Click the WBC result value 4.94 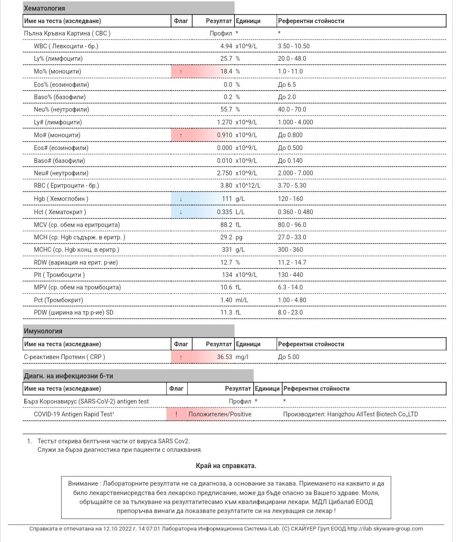[x=226, y=46]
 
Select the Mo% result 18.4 [x=226, y=71]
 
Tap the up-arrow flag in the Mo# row [x=181, y=135]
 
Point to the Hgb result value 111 [x=227, y=199]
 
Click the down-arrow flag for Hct [x=181, y=212]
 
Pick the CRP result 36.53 [x=224, y=357]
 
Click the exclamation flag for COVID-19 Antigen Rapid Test [x=176, y=414]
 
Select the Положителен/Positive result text [x=220, y=414]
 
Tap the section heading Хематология [x=44, y=8]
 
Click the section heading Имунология [x=43, y=331]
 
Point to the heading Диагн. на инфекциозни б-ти [x=68, y=376]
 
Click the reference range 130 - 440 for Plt [x=290, y=275]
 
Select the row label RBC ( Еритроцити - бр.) [x=66, y=186]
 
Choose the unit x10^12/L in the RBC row [x=248, y=186]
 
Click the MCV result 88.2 [x=226, y=225]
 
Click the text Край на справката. [x=226, y=466]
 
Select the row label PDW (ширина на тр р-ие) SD [x=74, y=312]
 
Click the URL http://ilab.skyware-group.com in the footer [x=385, y=529]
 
